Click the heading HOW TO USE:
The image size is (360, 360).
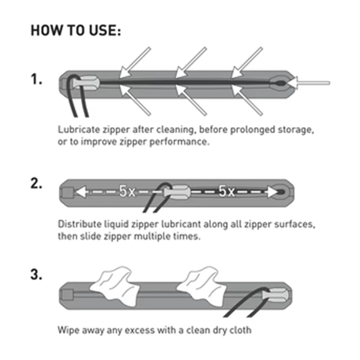[76, 30]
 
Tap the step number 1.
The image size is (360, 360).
[36, 79]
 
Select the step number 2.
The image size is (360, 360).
[36, 184]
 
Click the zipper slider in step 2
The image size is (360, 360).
[177, 192]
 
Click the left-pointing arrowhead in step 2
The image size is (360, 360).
[81, 192]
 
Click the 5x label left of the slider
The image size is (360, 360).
[127, 191]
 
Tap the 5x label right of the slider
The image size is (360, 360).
[226, 191]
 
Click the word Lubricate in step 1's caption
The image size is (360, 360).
[79, 130]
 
